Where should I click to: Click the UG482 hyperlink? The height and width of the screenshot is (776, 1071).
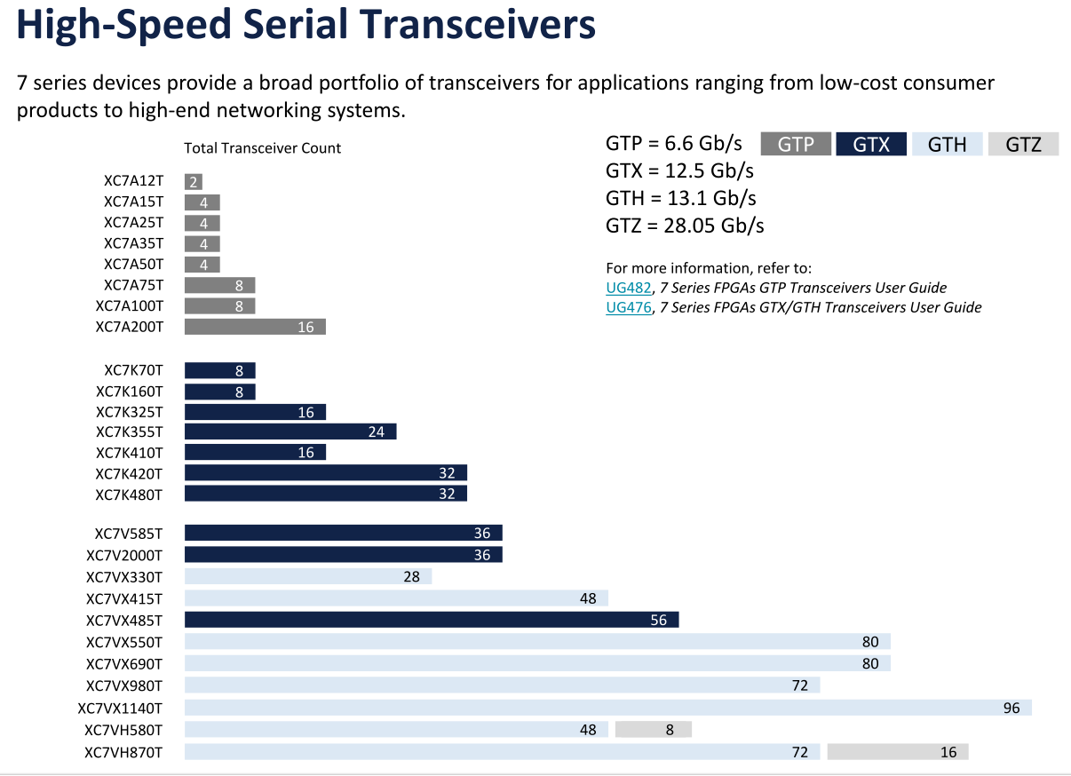628,288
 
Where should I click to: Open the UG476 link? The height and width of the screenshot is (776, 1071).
628,307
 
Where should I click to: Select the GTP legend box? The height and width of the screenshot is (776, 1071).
796,144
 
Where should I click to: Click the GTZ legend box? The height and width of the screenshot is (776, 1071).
1023,144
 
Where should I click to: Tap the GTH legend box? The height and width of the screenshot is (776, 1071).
947,144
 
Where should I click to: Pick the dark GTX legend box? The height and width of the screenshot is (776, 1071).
871,144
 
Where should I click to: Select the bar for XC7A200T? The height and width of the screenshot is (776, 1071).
255,327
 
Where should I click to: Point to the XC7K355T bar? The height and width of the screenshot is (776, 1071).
290,432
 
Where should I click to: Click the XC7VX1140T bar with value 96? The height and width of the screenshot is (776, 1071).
607,709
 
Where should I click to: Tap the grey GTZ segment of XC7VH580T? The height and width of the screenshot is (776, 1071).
653,730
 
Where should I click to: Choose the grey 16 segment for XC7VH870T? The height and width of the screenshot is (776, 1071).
897,752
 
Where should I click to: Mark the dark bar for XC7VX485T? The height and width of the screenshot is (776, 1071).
432,620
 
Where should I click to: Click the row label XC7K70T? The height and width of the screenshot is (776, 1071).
133,370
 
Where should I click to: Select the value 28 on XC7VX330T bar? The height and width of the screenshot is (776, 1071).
411,577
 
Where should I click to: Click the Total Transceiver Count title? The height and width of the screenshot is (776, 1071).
262,148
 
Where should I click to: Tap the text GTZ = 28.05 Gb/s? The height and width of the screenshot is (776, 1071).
685,226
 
